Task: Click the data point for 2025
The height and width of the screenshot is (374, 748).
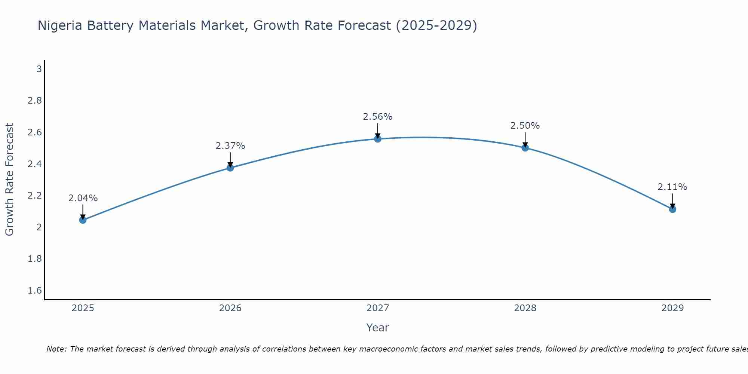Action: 83,220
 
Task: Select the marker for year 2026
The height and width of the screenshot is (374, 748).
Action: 230,168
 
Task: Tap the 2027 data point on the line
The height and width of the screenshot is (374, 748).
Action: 378,139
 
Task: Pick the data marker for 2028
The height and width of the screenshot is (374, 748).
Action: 525,148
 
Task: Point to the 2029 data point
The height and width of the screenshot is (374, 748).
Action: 672,209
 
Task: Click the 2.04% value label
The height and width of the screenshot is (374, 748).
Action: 83,198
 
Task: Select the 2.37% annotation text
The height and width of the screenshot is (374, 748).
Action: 230,146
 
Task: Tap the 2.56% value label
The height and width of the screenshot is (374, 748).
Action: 378,117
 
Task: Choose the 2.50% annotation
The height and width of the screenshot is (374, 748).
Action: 525,126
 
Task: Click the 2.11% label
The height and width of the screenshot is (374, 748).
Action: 672,187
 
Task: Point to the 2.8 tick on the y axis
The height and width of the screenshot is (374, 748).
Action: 35,101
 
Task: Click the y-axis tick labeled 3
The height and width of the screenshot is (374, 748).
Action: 39,69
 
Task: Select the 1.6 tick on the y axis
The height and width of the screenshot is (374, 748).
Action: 35,291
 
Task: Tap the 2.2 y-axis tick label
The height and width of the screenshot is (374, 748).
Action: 35,196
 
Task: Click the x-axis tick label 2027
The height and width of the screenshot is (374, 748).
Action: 378,308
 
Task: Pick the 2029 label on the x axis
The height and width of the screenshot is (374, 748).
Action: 672,308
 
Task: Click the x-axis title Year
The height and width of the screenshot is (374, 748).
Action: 378,328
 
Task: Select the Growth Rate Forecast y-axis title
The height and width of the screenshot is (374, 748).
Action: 10,180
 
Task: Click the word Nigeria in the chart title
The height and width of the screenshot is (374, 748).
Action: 60,26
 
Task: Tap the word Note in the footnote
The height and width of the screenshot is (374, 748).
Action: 56,349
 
